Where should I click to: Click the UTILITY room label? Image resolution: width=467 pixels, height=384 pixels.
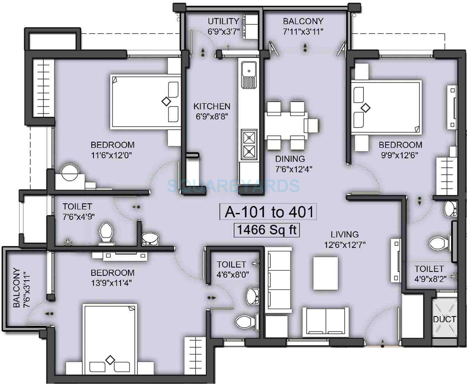[223, 21]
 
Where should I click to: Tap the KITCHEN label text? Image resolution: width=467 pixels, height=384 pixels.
[212, 106]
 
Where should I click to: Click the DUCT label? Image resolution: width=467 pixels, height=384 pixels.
[444, 319]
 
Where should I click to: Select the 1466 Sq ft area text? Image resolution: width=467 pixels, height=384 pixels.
[267, 230]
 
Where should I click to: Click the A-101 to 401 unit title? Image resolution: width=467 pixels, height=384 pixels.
[269, 212]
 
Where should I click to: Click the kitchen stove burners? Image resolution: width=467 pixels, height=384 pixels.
[249, 144]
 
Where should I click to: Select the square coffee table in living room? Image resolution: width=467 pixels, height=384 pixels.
[325, 273]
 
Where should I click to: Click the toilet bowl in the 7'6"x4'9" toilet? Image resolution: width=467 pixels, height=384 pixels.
[106, 232]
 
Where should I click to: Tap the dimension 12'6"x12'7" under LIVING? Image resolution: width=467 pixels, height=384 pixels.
[345, 245]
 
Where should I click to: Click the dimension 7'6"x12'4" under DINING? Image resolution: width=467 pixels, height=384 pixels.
[293, 169]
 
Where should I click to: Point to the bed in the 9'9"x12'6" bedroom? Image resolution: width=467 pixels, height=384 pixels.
[386, 107]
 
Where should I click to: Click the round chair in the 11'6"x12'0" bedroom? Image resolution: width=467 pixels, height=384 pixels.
[69, 172]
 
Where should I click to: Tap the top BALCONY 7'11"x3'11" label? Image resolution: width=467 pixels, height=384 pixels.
[303, 21]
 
